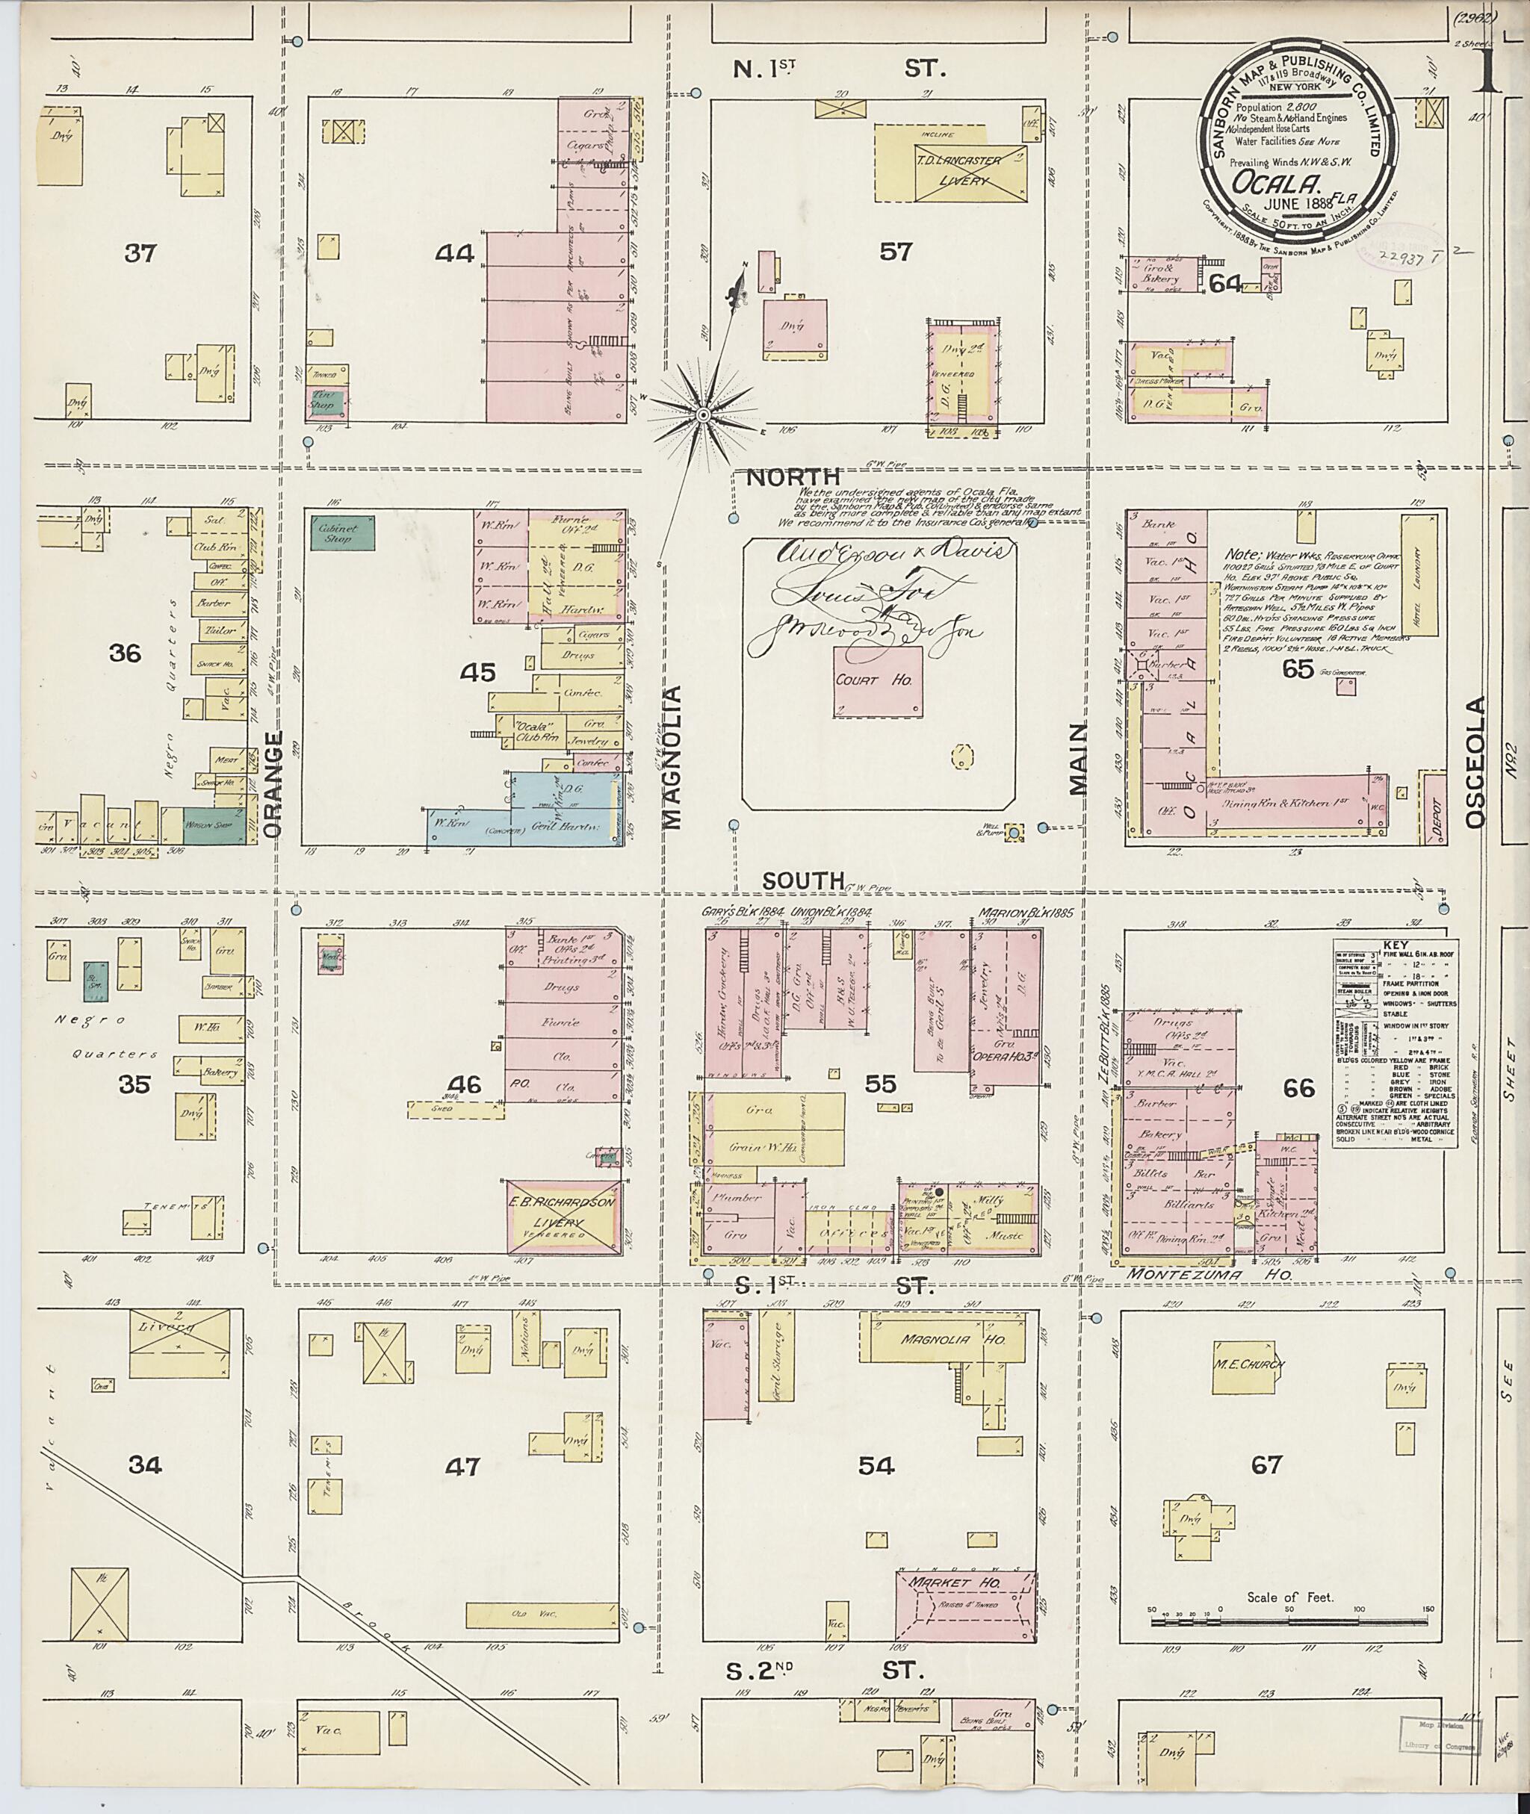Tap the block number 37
[139, 253]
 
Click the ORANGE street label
[274, 785]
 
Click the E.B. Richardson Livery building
[563, 1214]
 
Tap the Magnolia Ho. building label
[952, 1340]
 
